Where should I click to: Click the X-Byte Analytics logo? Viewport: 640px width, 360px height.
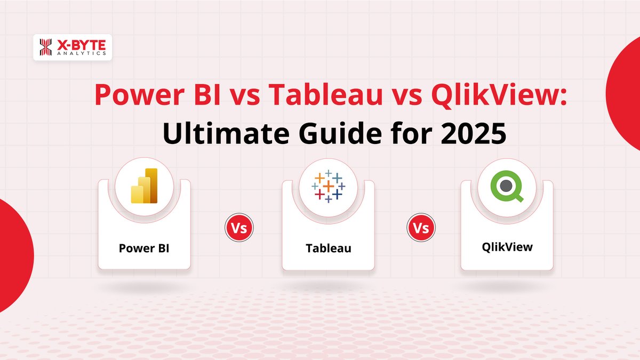click(x=72, y=47)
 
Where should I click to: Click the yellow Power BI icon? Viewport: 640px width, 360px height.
click(x=144, y=186)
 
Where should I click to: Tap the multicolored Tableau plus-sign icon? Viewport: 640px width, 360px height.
click(x=327, y=186)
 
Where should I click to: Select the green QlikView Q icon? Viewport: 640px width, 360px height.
click(x=507, y=186)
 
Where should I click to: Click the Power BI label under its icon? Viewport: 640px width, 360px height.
click(x=144, y=248)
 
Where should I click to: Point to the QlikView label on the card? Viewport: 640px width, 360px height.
click(x=507, y=247)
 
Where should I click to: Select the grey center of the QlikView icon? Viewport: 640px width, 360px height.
click(x=506, y=185)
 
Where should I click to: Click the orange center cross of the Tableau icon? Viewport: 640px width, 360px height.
click(x=327, y=186)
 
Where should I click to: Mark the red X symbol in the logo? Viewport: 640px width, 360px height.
click(x=45, y=47)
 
